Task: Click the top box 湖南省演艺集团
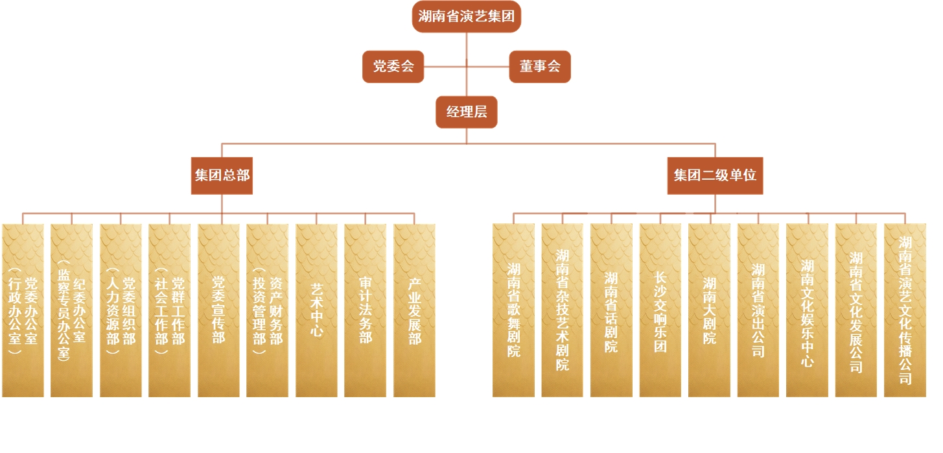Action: click(467, 16)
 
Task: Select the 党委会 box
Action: click(393, 66)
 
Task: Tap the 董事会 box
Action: click(540, 66)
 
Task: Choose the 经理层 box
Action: click(467, 112)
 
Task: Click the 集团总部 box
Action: click(222, 175)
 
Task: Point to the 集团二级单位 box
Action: click(715, 175)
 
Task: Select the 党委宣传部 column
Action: click(218, 310)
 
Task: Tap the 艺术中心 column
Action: click(317, 310)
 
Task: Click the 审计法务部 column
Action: click(366, 310)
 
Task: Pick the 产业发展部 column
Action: click(415, 310)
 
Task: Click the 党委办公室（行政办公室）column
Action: click(23, 310)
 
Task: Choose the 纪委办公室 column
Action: click(72, 310)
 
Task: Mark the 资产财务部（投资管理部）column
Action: click(268, 310)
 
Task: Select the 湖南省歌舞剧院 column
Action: click(514, 310)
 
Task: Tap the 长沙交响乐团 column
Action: click(660, 310)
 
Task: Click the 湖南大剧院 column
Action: click(710, 310)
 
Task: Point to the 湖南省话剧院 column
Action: click(611, 310)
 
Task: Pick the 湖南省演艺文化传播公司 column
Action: click(905, 310)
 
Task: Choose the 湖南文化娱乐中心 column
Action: click(808, 310)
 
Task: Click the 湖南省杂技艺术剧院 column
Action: click(563, 310)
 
